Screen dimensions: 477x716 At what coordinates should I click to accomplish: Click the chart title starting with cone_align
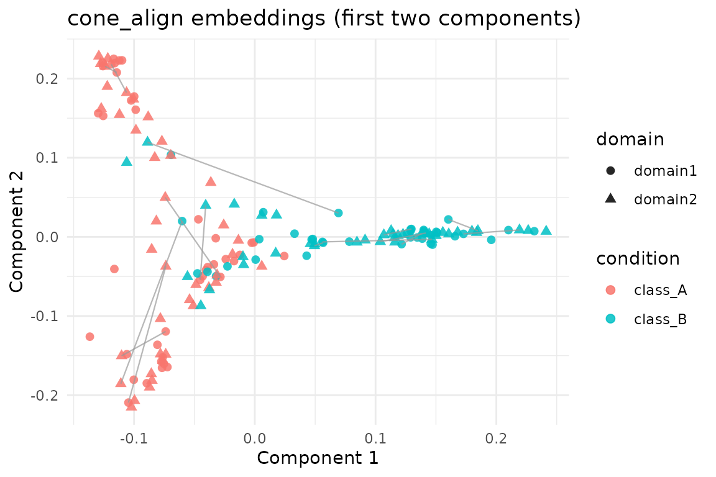[x=324, y=19]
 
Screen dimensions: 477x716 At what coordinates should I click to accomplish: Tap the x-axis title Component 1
[x=318, y=458]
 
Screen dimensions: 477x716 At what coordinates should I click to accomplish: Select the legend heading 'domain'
[x=630, y=140]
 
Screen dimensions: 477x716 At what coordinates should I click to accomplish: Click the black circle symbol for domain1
[x=610, y=171]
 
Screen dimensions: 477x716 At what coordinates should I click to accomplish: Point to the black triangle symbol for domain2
[x=610, y=199]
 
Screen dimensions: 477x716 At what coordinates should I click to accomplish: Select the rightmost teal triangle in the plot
[x=546, y=230]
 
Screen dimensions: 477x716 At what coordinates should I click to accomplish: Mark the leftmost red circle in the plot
[x=89, y=337]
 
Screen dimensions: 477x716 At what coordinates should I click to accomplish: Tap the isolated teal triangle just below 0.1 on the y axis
[x=127, y=161]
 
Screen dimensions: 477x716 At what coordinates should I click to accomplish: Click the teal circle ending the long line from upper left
[x=338, y=213]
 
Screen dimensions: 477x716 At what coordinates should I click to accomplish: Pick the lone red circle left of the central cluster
[x=114, y=269]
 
